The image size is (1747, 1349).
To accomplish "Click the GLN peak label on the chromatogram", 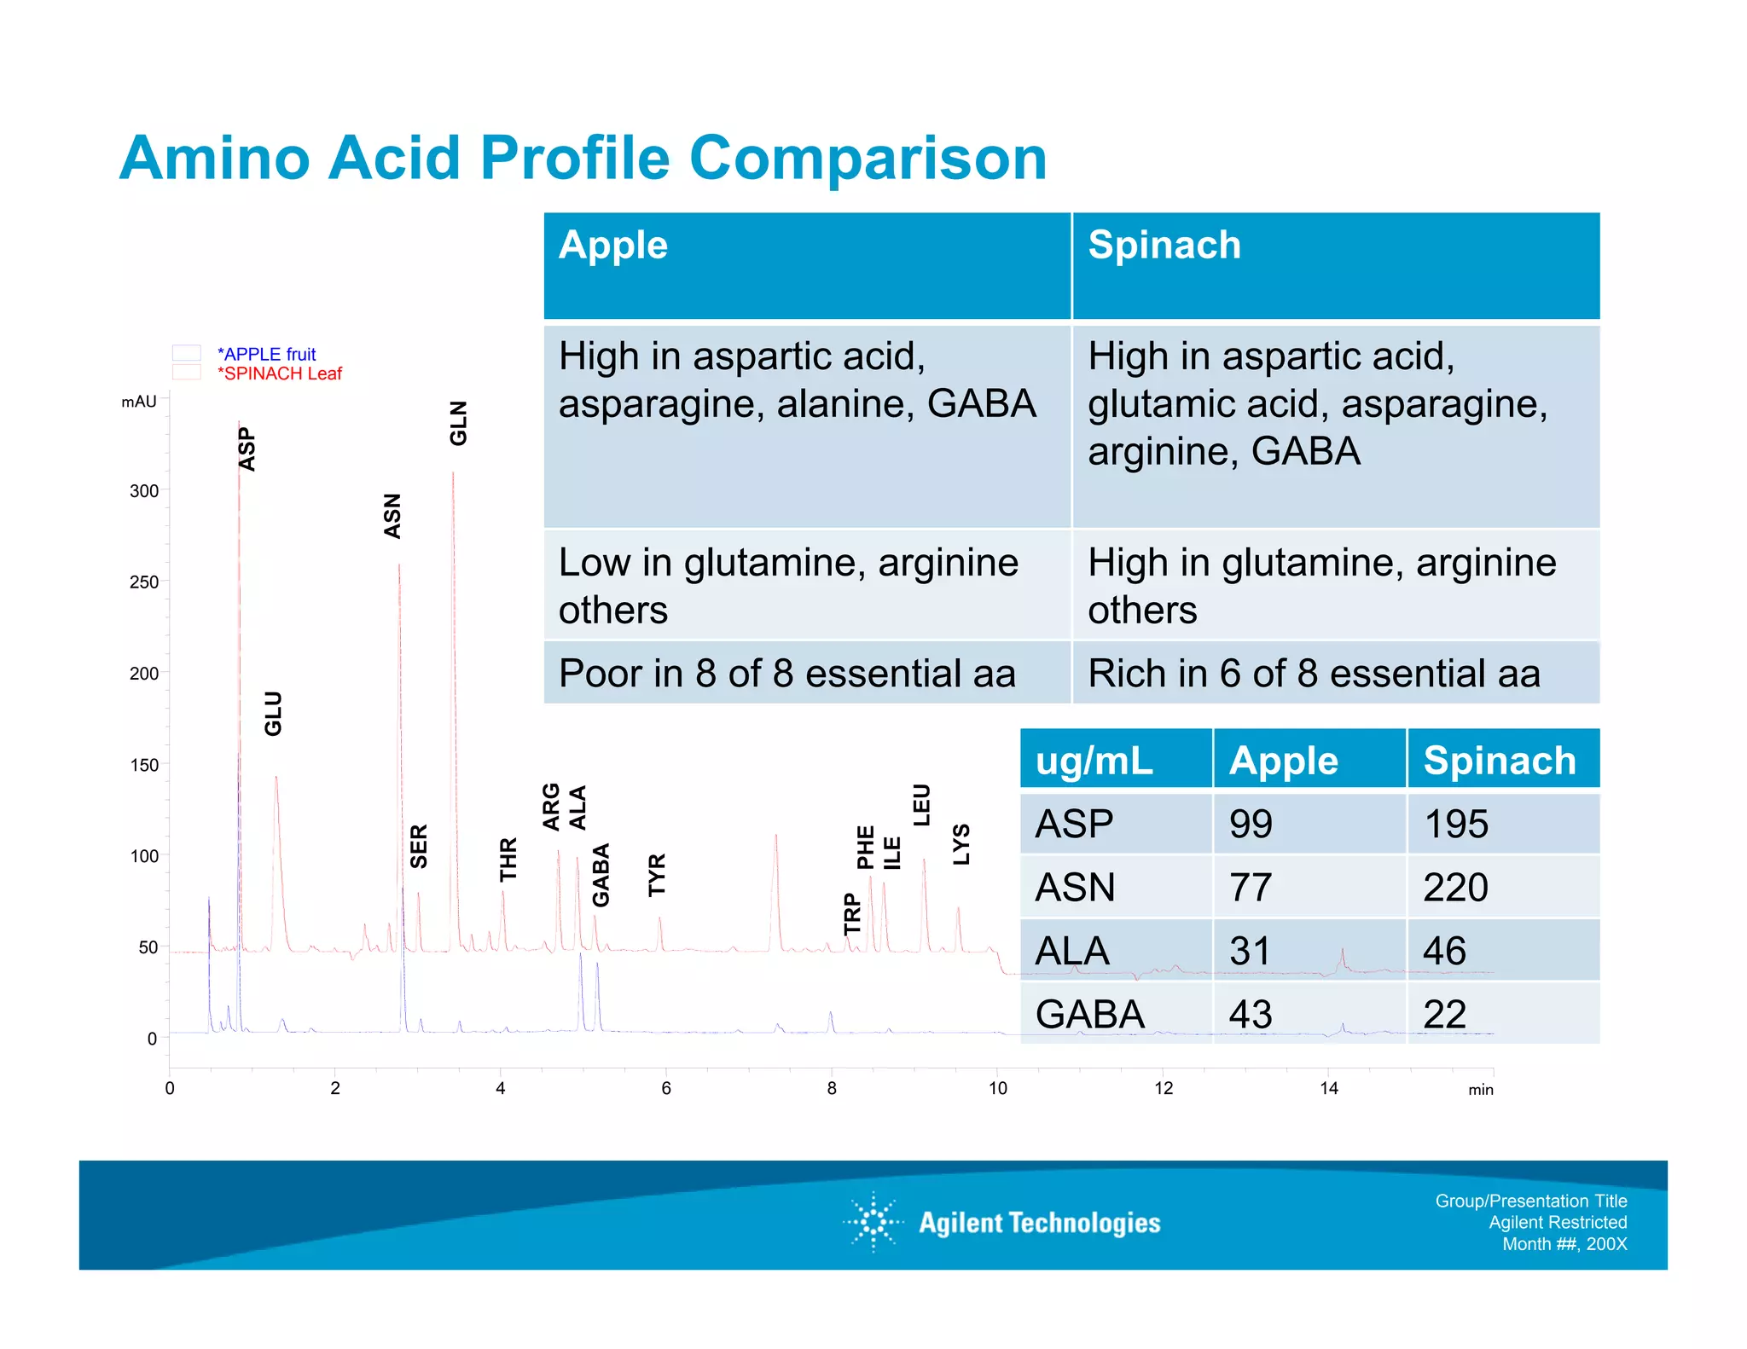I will point(458,423).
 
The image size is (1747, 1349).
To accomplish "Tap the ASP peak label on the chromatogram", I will point(247,449).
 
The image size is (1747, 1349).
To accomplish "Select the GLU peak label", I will point(272,713).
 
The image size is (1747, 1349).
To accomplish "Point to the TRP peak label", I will point(852,913).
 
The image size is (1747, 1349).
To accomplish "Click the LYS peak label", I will point(961,844).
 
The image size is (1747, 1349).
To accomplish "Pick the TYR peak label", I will point(656,874).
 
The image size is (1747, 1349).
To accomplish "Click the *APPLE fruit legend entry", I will point(266,354).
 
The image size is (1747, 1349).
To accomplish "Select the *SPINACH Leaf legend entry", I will point(279,373).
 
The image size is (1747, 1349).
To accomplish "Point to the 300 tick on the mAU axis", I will point(144,491).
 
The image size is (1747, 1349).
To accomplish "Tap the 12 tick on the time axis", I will point(1164,1088).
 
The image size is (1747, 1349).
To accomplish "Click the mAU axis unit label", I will point(139,402).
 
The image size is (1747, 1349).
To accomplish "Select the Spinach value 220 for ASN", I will point(1455,887).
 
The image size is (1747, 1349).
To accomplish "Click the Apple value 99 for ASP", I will point(1251,824).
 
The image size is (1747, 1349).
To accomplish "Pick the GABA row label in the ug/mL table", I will point(1089,1014).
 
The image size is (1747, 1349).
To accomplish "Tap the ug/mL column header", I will point(1094,760).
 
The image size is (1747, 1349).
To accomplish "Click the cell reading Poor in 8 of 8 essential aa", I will point(786,674).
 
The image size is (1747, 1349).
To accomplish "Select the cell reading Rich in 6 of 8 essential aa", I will point(1314,674).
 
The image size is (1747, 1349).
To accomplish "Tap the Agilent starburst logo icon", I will point(873,1222).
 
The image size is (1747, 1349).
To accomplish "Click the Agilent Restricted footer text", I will point(1558,1222).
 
